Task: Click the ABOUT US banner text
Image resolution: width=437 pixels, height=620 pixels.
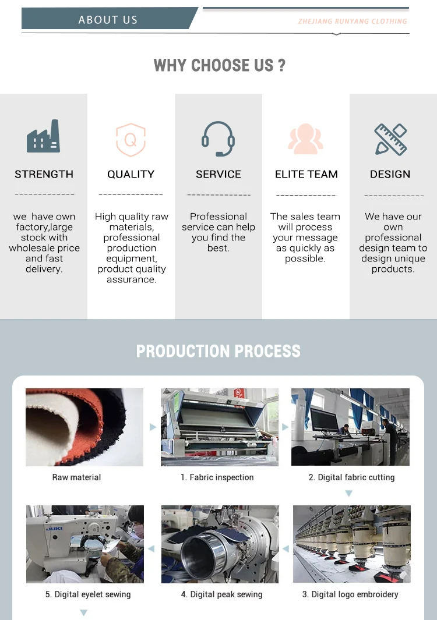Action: pos(108,20)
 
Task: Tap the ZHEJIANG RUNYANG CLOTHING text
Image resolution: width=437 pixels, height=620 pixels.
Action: pos(353,22)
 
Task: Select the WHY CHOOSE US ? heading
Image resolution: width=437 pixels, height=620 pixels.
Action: pos(219,65)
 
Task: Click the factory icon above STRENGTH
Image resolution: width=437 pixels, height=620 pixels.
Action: pos(43,137)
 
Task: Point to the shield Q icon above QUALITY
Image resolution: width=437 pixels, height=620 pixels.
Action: pos(131,140)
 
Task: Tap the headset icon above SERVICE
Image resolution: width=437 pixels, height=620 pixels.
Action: pos(218,139)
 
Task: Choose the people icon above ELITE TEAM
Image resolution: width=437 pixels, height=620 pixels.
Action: pos(305,139)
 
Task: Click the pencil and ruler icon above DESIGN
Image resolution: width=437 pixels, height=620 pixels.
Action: pos(390,139)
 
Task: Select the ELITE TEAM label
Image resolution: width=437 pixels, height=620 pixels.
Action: pos(306,174)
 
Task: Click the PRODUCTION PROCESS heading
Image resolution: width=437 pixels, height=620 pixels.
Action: pos(218,351)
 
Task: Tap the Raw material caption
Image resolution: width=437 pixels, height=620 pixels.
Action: pos(76,477)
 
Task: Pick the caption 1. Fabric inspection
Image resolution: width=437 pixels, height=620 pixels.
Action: pos(217,477)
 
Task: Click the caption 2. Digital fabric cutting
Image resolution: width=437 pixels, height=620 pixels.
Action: pos(351,477)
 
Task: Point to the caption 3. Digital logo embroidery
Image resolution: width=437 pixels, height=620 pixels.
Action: pos(350,594)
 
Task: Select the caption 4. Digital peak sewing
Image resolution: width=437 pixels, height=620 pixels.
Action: pos(221,594)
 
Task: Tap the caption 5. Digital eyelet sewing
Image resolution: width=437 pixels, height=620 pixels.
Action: pos(88,594)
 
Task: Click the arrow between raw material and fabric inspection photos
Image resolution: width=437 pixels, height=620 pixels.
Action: pos(153,427)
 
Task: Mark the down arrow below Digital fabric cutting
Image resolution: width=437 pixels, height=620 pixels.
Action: pos(348,494)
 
